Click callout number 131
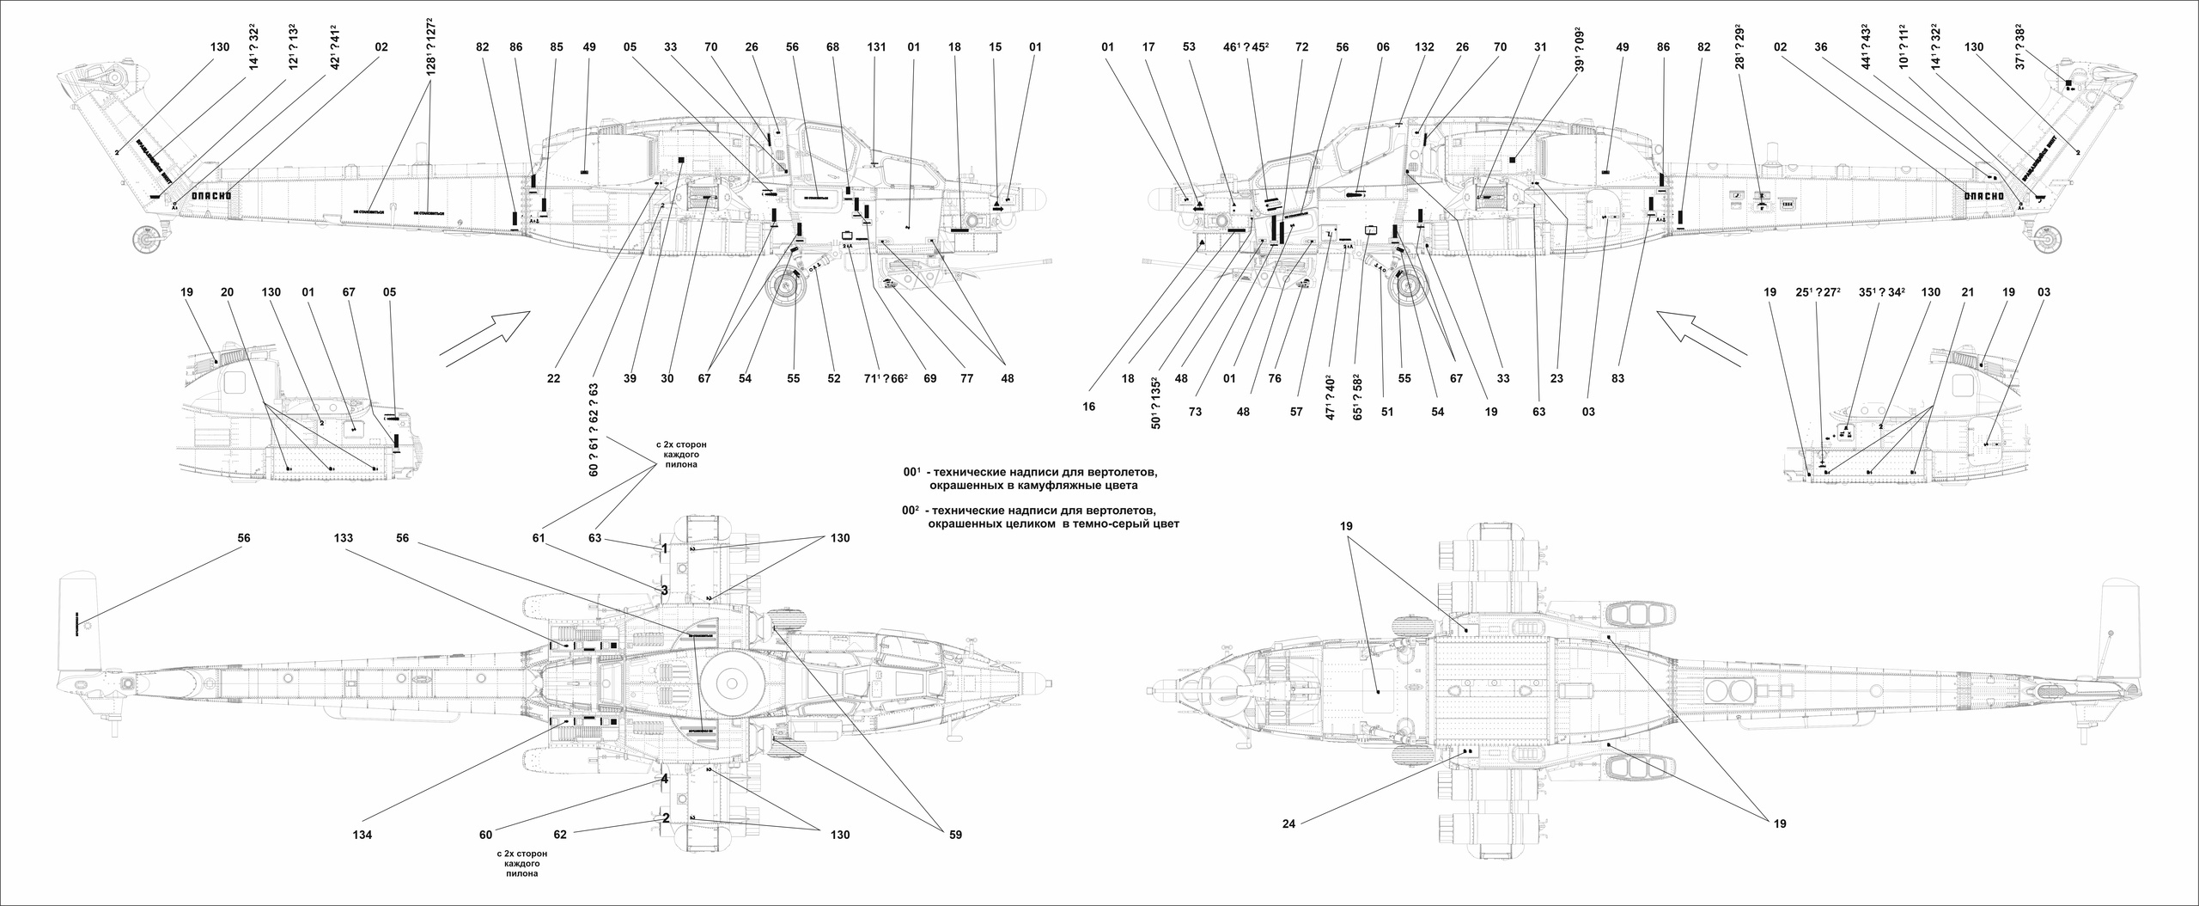[876, 47]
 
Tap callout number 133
[344, 538]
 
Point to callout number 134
[362, 835]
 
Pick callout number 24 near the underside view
[1290, 823]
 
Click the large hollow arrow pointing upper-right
[484, 339]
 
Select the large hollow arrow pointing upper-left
[1703, 338]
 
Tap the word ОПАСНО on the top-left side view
[210, 195]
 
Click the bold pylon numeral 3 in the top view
[664, 591]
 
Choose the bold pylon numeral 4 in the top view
[664, 780]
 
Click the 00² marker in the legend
[912, 511]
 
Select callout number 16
[1089, 407]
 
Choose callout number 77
[966, 378]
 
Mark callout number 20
[227, 292]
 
